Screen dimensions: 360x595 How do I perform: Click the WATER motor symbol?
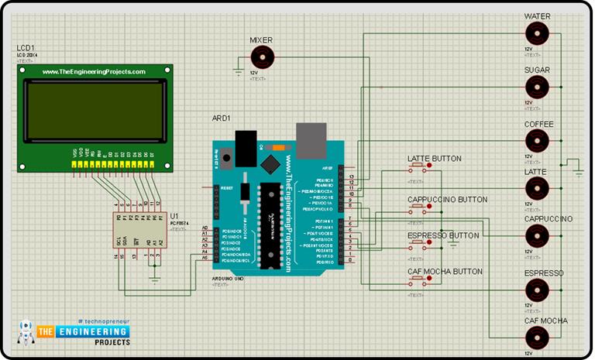536,34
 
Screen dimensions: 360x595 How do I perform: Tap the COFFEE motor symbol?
536,141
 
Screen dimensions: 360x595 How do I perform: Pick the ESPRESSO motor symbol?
536,290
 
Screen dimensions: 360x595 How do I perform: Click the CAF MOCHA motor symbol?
536,338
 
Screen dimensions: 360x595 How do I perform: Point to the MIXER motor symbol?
263,57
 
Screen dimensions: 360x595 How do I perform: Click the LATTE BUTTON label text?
434,159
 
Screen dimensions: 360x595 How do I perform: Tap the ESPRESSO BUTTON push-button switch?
418,244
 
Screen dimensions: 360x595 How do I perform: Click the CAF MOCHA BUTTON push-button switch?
418,281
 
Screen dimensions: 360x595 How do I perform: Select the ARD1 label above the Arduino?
222,118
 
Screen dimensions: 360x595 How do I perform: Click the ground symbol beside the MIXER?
239,73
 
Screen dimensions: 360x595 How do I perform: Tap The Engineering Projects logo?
74,332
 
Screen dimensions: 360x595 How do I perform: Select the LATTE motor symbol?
536,189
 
